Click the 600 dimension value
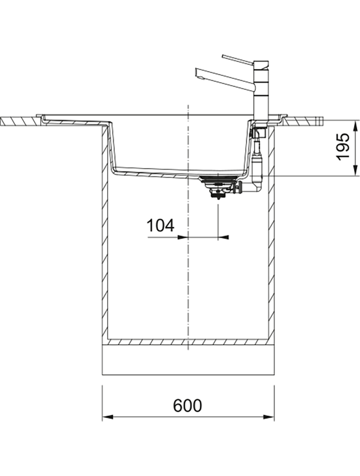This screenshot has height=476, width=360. pyautogui.click(x=187, y=405)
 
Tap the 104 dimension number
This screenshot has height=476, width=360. pyautogui.click(x=161, y=225)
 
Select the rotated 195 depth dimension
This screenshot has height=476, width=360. pyautogui.click(x=343, y=146)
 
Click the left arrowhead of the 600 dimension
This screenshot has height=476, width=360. pyautogui.click(x=108, y=417)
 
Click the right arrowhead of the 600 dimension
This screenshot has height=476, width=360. pyautogui.click(x=269, y=417)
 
